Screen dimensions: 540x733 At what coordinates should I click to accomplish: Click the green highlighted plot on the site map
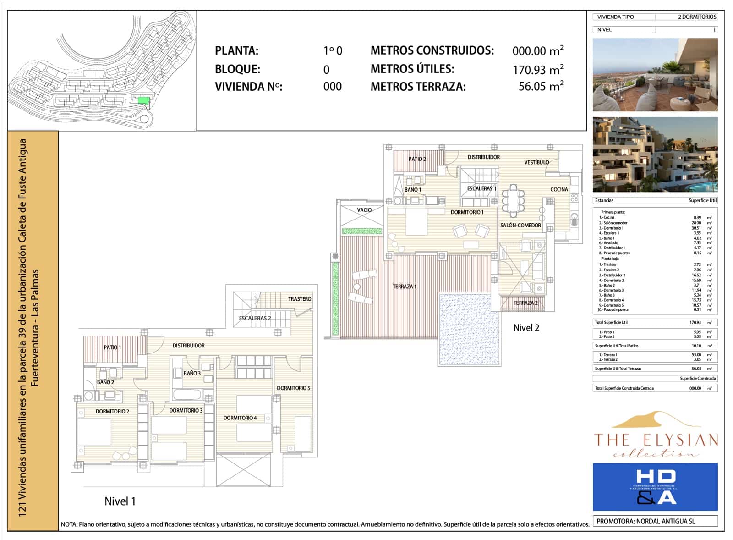[143, 100]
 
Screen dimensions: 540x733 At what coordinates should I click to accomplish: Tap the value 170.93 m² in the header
[538, 70]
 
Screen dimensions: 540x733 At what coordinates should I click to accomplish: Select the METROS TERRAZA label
[418, 87]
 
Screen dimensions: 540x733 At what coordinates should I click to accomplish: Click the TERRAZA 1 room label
[404, 287]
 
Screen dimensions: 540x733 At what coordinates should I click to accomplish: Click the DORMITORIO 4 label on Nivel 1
[240, 418]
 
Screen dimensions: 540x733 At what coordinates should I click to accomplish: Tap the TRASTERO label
[299, 299]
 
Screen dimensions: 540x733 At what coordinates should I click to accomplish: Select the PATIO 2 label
[417, 159]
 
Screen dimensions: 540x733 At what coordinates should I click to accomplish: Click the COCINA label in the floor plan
[558, 189]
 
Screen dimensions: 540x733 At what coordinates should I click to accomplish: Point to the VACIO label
[364, 210]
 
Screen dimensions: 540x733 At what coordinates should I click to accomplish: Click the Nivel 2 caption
[525, 328]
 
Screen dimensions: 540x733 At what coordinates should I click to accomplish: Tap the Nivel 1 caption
[120, 501]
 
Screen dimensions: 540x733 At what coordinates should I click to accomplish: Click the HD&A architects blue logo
[655, 487]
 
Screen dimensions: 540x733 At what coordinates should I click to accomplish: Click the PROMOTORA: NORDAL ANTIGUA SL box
[655, 521]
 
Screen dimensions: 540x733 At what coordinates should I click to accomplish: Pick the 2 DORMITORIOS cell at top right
[696, 17]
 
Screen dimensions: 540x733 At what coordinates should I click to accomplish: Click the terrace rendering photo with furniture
[655, 75]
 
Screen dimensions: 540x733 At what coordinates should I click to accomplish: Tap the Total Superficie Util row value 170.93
[695, 323]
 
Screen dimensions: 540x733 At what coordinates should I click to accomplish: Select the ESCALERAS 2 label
[255, 318]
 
